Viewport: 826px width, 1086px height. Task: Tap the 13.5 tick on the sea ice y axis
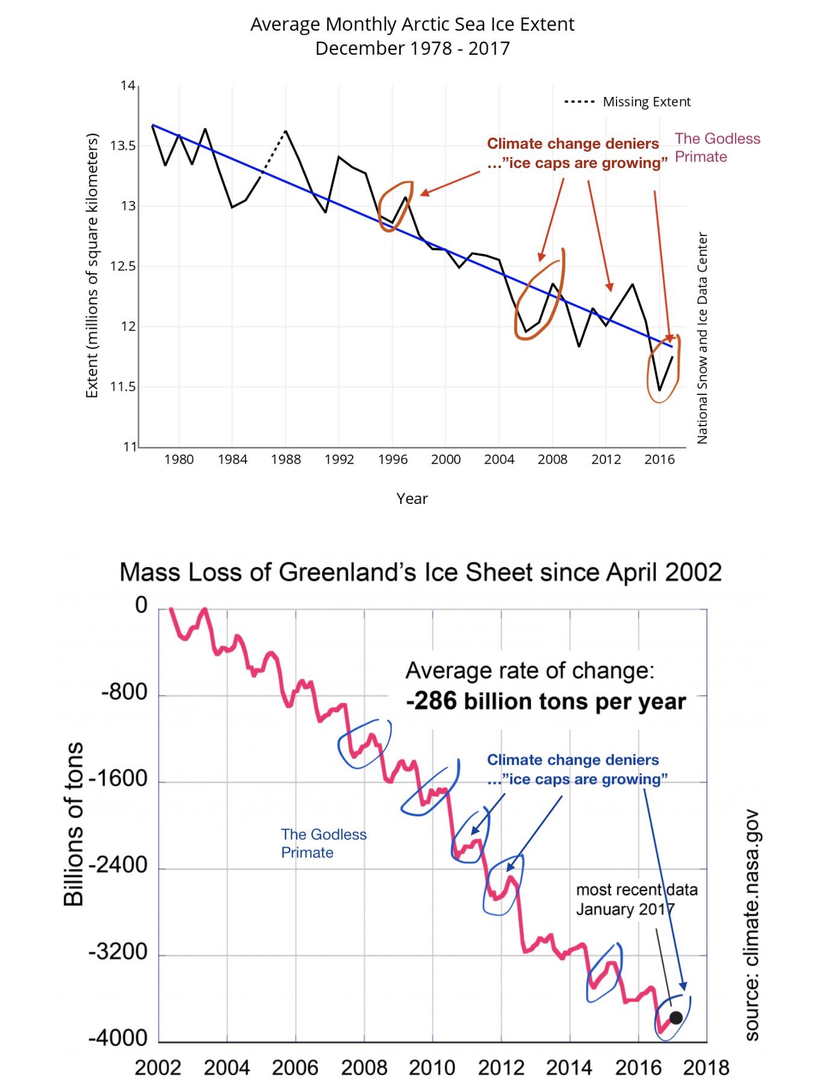123,146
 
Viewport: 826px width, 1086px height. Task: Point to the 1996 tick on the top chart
393,459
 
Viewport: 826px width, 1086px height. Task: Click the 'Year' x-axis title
412,498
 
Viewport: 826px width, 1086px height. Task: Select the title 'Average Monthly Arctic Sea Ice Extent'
412,25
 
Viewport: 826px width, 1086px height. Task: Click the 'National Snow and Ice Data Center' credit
702,338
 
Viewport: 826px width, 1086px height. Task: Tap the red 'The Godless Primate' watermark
717,147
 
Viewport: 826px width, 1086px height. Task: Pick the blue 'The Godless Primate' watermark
323,843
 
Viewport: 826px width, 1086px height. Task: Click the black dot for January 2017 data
676,1017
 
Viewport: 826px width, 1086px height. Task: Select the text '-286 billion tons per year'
545,701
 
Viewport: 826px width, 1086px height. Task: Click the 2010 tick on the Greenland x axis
432,1067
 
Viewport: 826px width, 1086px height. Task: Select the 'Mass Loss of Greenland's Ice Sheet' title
420,572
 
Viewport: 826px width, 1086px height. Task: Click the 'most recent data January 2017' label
636,899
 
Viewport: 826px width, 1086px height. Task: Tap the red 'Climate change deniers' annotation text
573,144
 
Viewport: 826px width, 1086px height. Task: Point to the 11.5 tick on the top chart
123,387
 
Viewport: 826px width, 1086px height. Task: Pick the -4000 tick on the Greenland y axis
118,1038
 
